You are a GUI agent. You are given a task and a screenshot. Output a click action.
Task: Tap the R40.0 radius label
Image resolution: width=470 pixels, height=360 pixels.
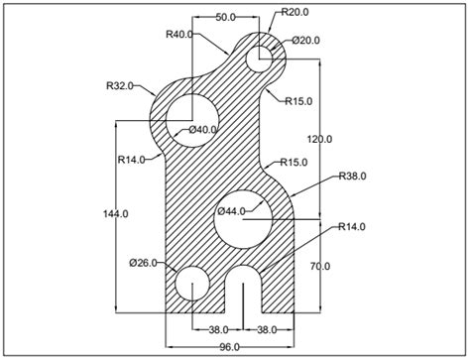180,34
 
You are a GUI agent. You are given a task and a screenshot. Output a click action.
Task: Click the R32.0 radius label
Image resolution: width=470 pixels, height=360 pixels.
121,86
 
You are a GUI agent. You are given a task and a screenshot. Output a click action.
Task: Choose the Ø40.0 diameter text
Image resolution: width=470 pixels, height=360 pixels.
202,130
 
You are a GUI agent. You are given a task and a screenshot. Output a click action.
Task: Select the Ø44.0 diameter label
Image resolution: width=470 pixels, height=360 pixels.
232,210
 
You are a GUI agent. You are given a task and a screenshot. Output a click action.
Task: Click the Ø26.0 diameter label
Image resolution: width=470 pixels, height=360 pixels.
145,263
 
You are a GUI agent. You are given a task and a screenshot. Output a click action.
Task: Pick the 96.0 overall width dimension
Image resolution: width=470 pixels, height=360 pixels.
230,348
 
